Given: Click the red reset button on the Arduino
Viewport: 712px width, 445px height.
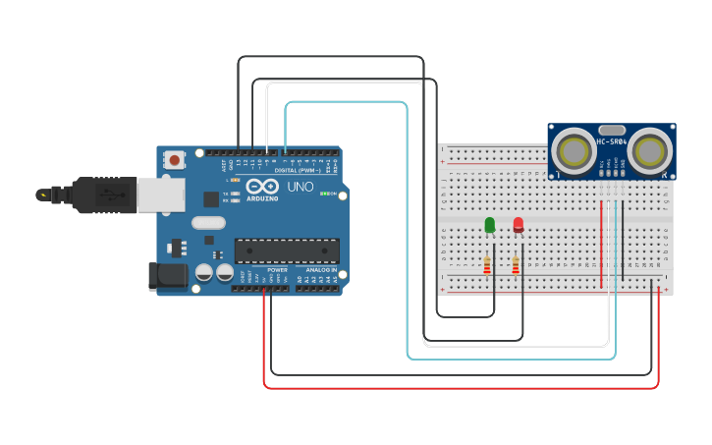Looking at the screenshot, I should pyautogui.click(x=174, y=159).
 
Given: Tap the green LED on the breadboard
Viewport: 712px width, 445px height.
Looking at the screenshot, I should pyautogui.click(x=489, y=226).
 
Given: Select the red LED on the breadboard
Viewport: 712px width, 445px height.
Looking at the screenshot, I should pyautogui.click(x=519, y=226).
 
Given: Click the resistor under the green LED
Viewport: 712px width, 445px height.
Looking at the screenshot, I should pyautogui.click(x=487, y=265).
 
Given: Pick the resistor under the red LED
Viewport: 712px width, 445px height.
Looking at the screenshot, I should pyautogui.click(x=516, y=265).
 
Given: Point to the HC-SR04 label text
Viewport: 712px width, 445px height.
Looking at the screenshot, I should pyautogui.click(x=611, y=142).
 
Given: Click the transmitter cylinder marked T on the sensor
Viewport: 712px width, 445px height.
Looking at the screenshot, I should pyautogui.click(x=572, y=150).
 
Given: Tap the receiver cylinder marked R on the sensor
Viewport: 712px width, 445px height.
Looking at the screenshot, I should pyautogui.click(x=650, y=150).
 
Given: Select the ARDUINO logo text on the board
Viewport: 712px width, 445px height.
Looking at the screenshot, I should pyautogui.click(x=262, y=197).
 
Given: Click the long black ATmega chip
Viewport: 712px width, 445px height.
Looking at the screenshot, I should pyautogui.click(x=286, y=250).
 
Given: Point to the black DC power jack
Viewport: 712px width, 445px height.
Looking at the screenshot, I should pyautogui.click(x=166, y=276).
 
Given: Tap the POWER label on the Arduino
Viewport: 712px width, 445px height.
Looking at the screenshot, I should pyautogui.click(x=277, y=269).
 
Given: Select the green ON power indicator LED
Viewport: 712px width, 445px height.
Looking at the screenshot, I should pyautogui.click(x=325, y=194).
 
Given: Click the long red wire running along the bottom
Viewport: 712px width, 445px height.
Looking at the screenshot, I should pyautogui.click(x=462, y=388).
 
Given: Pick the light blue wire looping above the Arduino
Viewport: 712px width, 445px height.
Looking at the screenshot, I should pyautogui.click(x=344, y=102).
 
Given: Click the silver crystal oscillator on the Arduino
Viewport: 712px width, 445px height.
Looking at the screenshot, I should pyautogui.click(x=208, y=223).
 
